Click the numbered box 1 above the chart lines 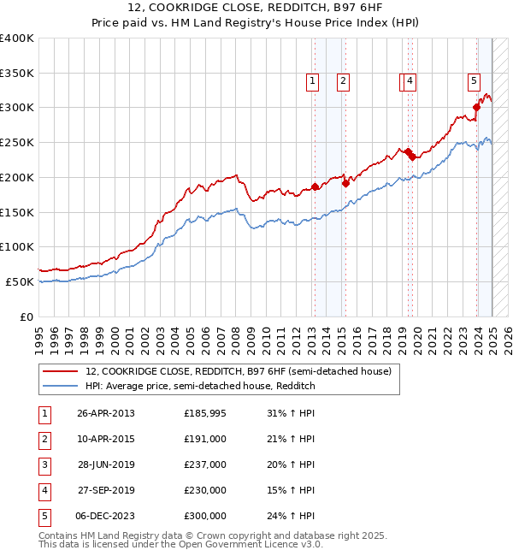[312, 81]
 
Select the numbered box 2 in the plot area [342, 81]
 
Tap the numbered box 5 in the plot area [473, 81]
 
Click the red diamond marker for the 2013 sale [315, 186]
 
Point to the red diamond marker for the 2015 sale [345, 182]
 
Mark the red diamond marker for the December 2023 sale [476, 107]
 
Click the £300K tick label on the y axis [16, 108]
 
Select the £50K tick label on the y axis [20, 281]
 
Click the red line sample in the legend [60, 371]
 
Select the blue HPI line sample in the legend [60, 386]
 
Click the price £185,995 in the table [205, 413]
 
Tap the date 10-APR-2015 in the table [106, 439]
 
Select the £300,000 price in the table [205, 516]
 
